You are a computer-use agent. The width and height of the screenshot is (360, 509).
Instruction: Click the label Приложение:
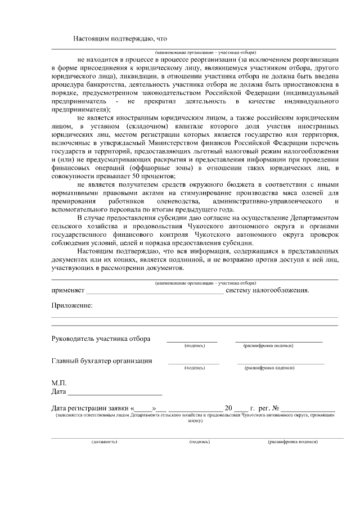[71, 305]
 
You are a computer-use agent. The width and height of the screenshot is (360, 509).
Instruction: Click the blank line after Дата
[115, 391]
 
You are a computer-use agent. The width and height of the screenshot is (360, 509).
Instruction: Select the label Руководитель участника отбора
[101, 339]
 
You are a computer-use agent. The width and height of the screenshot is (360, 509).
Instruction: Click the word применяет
[67, 291]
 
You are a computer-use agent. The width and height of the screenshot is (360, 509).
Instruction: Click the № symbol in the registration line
[276, 407]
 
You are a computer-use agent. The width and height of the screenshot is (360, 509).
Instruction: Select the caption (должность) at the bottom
[105, 442]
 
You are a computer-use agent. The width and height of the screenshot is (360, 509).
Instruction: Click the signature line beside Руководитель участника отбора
[192, 340]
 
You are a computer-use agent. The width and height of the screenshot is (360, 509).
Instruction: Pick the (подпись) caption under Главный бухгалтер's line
[194, 368]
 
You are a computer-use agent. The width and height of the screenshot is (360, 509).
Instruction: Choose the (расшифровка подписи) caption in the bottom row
[293, 442]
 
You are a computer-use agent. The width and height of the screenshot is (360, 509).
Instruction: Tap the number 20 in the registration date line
[228, 407]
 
